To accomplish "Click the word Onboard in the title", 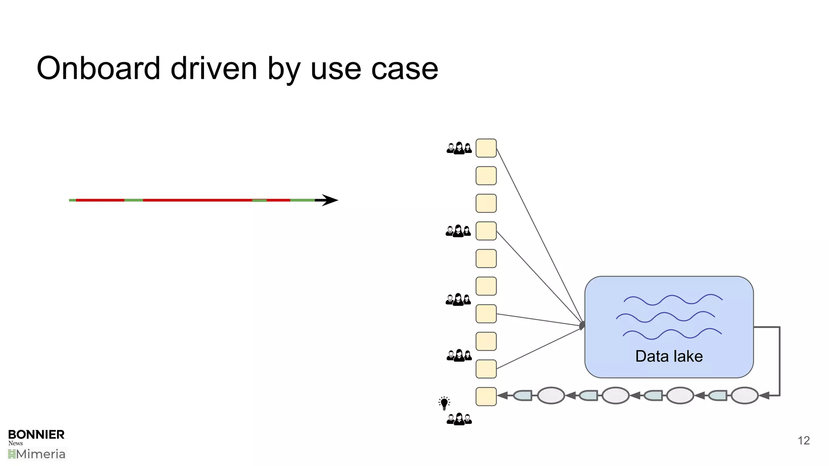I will (x=98, y=68).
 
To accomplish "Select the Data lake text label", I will (x=669, y=356).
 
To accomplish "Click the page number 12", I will (x=803, y=441).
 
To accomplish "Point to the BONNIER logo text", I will (x=36, y=434).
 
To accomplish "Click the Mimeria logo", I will (x=37, y=454).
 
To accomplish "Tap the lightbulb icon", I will (x=444, y=403).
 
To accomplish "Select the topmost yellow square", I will (x=486, y=148).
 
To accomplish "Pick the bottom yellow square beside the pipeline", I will (x=486, y=396).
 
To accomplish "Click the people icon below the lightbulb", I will (x=459, y=419).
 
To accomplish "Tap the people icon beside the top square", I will (x=459, y=148).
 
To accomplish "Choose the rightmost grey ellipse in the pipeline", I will (x=744, y=396).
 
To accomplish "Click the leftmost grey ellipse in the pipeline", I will (x=551, y=396).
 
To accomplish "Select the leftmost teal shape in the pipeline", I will (x=523, y=396).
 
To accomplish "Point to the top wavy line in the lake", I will (x=673, y=300).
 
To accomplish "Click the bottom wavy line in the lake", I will (x=672, y=334).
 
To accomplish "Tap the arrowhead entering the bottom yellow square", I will (x=502, y=396).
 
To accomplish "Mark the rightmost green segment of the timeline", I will (x=302, y=200).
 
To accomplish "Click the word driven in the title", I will (x=214, y=68).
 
